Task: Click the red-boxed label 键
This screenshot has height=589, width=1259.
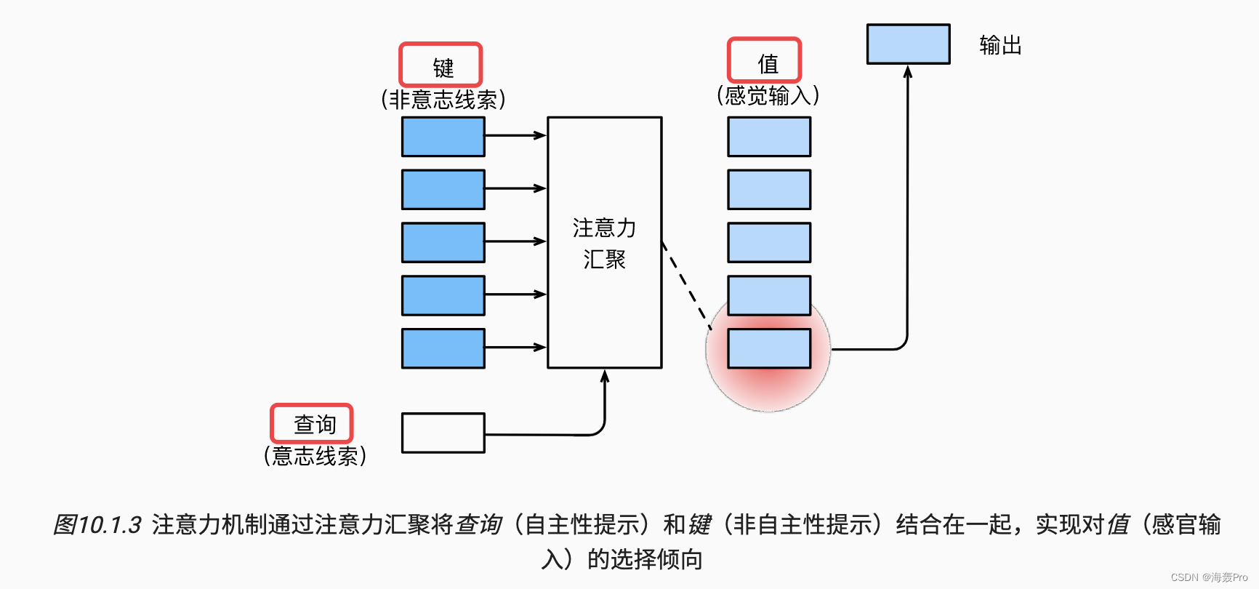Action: click(441, 65)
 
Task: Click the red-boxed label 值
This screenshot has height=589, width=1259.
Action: click(765, 61)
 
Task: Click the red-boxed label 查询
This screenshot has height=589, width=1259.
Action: click(312, 424)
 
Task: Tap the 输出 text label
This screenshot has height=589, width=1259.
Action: click(1000, 46)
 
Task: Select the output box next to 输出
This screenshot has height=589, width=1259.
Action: click(908, 44)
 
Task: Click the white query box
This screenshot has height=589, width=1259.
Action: click(443, 433)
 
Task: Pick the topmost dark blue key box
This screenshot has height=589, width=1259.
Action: click(443, 137)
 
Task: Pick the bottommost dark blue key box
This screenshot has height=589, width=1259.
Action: click(443, 348)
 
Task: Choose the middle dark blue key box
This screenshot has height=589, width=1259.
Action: click(443, 242)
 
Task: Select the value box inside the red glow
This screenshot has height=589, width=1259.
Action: click(769, 348)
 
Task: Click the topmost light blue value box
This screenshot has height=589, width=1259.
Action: click(769, 137)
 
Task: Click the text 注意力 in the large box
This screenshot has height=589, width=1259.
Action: click(604, 228)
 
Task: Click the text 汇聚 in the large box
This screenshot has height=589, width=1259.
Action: click(604, 260)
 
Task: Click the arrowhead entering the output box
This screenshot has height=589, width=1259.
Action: click(907, 71)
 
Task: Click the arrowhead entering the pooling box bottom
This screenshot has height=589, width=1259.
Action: click(605, 376)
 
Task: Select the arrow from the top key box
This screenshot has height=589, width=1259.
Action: click(515, 135)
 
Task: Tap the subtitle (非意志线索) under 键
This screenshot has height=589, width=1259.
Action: click(443, 100)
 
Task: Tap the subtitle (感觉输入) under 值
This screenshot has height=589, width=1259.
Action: click(768, 95)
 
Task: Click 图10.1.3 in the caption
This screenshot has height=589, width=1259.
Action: click(97, 524)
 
